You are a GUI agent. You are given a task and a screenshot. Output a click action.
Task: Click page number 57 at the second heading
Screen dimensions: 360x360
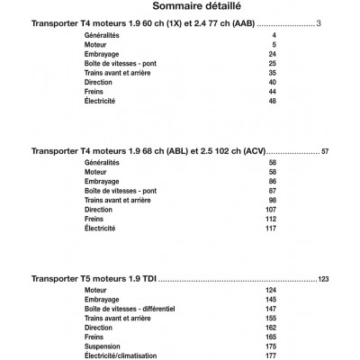tap(326, 151)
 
